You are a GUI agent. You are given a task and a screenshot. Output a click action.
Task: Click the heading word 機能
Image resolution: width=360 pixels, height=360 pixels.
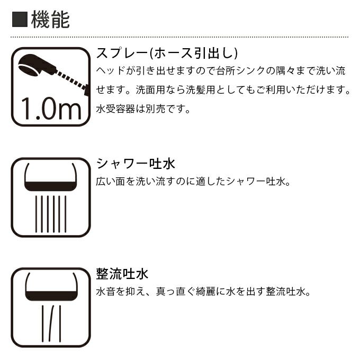click(50, 20)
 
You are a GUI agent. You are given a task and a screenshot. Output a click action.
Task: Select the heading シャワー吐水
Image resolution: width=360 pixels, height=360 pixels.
click(136, 163)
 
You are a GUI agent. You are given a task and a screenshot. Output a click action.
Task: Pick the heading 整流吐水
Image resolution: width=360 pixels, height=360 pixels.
click(122, 274)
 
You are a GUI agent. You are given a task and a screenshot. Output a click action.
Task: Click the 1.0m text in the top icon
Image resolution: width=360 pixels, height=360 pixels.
click(50, 109)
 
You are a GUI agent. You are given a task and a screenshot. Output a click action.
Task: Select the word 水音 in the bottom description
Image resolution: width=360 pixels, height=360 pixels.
click(106, 292)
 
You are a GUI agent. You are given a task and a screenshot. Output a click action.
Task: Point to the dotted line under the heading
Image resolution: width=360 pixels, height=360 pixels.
click(180, 37)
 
